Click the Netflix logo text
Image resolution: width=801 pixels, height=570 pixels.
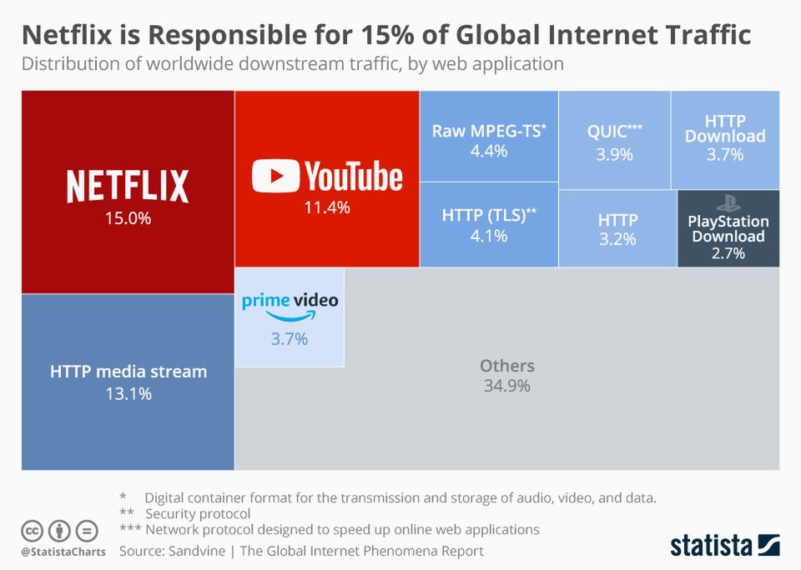[128, 185]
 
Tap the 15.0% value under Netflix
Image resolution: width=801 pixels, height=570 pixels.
[128, 218]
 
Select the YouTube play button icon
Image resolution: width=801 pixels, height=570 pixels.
[275, 177]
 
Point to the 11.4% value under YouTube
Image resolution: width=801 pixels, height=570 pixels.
[326, 207]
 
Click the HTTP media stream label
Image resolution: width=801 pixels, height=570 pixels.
[128, 371]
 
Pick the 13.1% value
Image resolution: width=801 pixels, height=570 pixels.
[128, 394]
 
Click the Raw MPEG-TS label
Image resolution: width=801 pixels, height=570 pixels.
[488, 131]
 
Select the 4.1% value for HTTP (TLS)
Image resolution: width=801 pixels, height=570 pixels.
[488, 236]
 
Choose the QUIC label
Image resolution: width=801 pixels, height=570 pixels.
[614, 131]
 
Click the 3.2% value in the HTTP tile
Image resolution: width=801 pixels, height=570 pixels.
[617, 240]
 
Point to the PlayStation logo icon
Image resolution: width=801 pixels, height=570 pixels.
[728, 202]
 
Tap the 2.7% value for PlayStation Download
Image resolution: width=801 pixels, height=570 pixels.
[728, 253]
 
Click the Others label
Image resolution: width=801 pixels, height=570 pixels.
[506, 366]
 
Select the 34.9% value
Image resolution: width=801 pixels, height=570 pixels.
[506, 386]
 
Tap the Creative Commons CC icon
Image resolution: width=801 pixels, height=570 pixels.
[33, 530]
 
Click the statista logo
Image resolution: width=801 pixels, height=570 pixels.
[724, 546]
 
